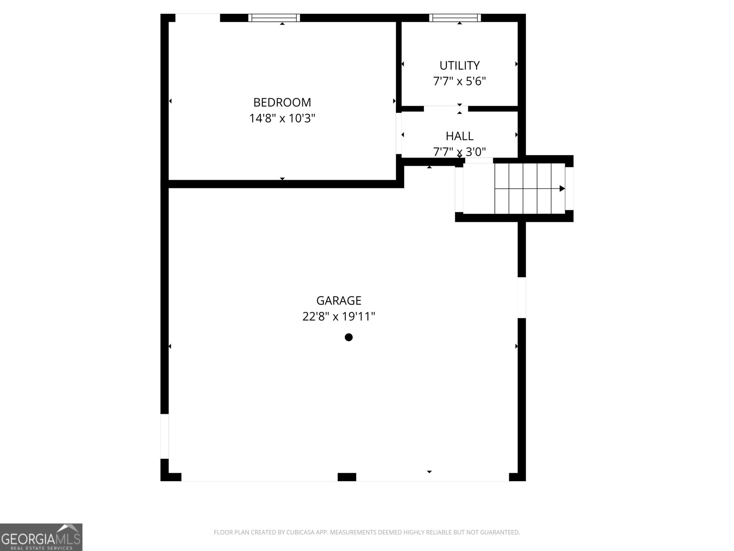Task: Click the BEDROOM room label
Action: [x=282, y=102]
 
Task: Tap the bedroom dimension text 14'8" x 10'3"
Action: [x=282, y=118]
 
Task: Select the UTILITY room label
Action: [x=459, y=65]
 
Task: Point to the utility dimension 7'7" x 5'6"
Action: [x=459, y=82]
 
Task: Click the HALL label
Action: [x=459, y=136]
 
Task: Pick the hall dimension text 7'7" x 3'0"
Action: [x=459, y=151]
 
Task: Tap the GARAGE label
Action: [x=339, y=301]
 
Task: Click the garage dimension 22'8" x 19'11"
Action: [x=339, y=317]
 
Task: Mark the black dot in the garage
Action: [x=349, y=337]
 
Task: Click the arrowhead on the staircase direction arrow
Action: [x=562, y=188]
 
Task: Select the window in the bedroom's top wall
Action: [x=274, y=18]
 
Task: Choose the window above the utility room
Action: [x=455, y=18]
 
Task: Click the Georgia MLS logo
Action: [x=41, y=537]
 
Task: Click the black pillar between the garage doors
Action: [x=347, y=477]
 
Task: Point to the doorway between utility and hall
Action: [x=445, y=109]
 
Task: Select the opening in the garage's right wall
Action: [x=522, y=298]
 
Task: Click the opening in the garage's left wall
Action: [x=164, y=436]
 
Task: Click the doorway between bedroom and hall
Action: [x=399, y=133]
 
